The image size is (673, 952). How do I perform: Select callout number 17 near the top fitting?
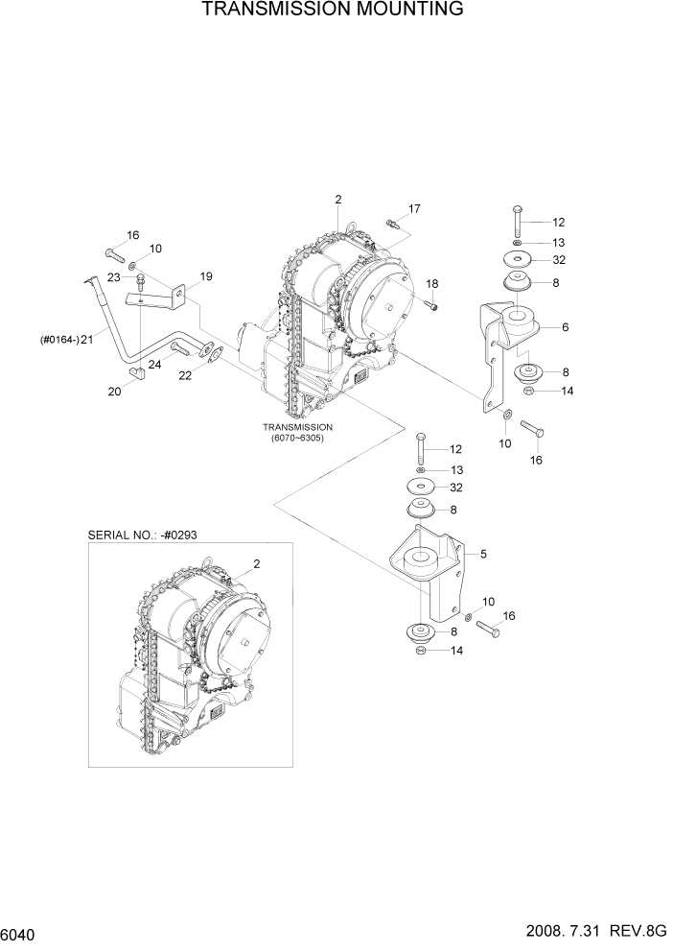(414, 208)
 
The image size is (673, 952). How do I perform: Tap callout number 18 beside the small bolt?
(432, 284)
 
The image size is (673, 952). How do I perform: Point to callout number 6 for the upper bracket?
(566, 327)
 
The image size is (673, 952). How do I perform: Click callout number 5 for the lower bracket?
(484, 554)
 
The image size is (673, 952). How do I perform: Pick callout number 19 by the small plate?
(205, 276)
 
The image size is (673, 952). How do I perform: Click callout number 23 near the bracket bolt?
(112, 277)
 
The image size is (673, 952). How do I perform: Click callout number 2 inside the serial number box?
(257, 564)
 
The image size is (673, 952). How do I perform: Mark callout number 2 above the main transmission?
(338, 200)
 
